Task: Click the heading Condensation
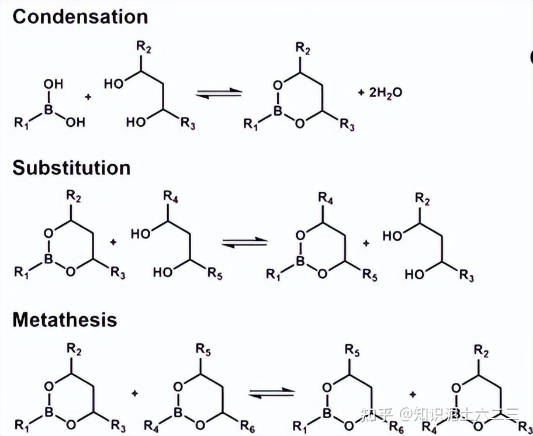point(80,16)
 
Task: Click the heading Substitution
point(71,168)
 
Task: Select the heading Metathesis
point(65,320)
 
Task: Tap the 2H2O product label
point(386,92)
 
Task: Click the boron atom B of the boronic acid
point(49,108)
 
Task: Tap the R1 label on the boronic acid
point(20,123)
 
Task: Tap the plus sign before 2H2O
point(361,92)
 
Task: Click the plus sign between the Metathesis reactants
point(135,394)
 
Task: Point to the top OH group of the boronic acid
point(53,84)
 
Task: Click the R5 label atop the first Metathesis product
point(352,350)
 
